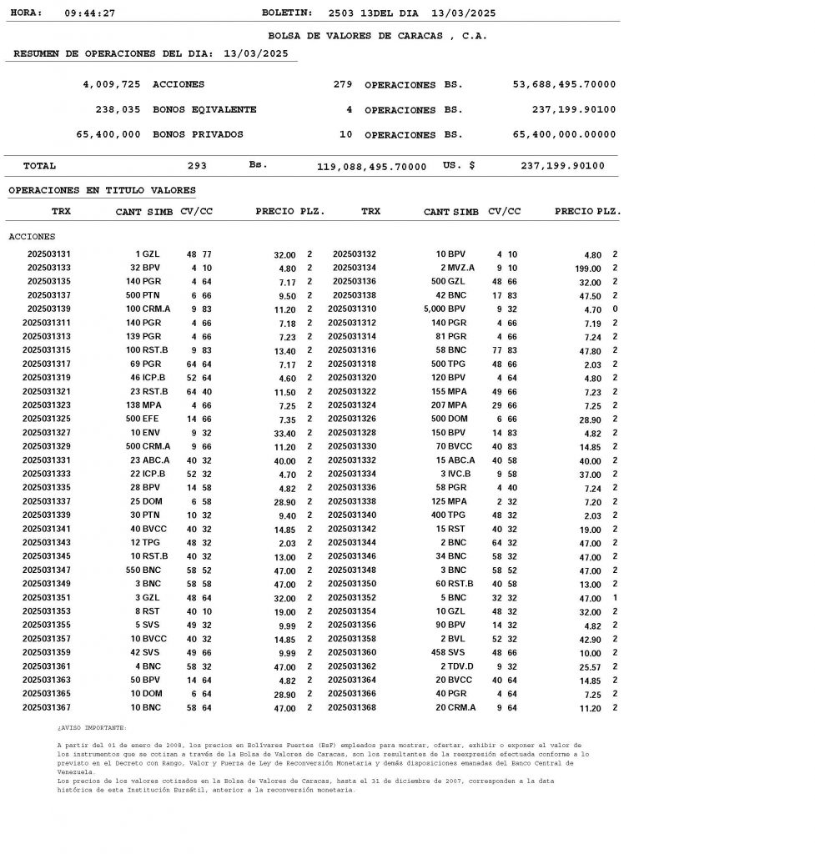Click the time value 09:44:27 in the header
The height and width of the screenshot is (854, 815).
point(89,13)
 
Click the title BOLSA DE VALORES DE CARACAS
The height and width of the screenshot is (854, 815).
point(377,36)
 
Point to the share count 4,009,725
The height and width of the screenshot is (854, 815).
point(112,84)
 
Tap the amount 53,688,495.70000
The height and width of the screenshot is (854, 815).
point(564,84)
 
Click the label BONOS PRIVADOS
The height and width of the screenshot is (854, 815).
point(198,134)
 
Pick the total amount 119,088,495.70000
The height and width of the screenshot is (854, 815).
point(371,167)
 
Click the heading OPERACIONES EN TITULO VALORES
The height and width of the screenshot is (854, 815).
point(102,191)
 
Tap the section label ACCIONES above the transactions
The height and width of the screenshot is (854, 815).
point(32,237)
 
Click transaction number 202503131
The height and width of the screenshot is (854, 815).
point(49,254)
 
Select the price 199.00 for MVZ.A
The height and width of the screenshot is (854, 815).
point(587,269)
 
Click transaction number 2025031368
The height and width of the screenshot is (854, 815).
point(352,708)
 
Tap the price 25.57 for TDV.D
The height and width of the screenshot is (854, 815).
point(589,667)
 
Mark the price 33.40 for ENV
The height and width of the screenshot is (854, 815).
point(284,434)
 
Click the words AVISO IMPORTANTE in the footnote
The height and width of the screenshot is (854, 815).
point(92,728)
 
